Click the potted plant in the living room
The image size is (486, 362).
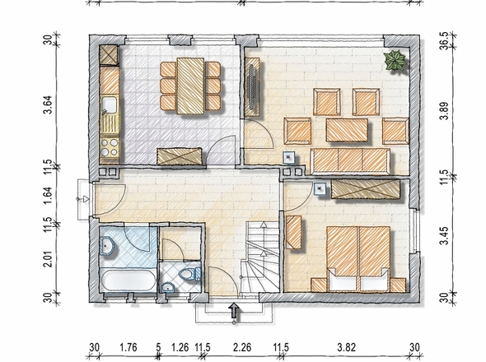tap(395, 61)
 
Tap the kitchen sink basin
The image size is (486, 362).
tap(109, 105)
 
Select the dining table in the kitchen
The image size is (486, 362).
tap(190, 86)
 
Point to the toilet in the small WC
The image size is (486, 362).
tap(190, 274)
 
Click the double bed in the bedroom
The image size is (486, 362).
tap(358, 259)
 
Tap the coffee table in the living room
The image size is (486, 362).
tap(347, 130)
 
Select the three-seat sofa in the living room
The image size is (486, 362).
tap(350, 160)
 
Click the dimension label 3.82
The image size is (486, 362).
tap(347, 347)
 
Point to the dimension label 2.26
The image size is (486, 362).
tap(242, 347)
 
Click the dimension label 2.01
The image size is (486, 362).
tap(48, 258)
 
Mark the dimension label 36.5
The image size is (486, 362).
tap(445, 40)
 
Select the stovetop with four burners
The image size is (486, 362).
tap(110, 147)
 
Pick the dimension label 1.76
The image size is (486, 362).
tap(129, 347)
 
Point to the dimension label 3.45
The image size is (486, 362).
tap(445, 235)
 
